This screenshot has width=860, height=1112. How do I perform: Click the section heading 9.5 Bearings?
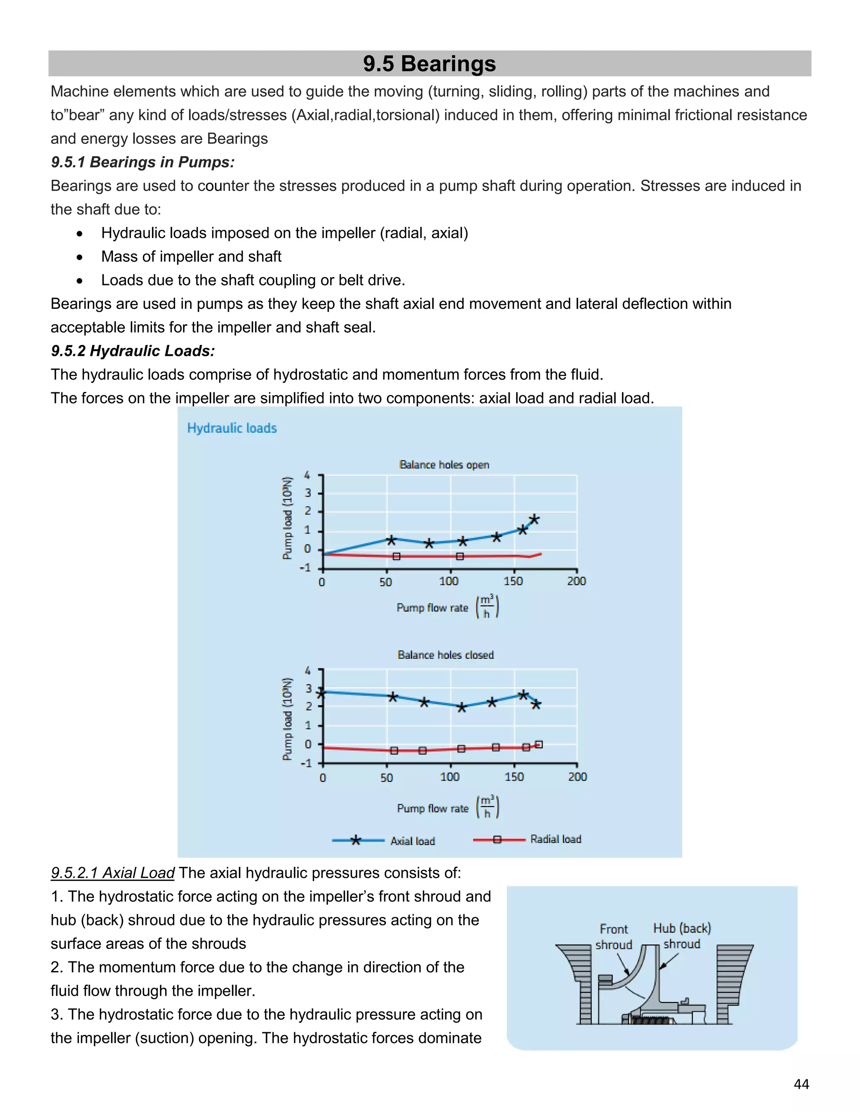429,64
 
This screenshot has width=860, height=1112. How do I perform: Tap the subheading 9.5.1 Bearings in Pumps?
143,162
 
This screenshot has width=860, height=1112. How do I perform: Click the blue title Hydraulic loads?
232,428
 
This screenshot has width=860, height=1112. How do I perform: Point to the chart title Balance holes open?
444,465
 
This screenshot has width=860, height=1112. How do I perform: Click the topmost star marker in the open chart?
534,520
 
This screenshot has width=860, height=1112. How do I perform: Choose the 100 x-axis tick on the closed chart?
450,777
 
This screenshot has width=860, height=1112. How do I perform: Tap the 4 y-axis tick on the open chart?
307,475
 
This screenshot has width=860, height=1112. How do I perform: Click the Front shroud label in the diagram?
614,937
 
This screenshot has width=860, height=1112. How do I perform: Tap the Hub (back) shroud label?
682,936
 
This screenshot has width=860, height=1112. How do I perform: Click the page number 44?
801,1084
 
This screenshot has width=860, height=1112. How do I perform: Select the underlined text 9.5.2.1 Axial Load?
113,873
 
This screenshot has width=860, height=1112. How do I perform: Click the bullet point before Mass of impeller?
79,258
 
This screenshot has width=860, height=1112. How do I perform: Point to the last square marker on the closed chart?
540,744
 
